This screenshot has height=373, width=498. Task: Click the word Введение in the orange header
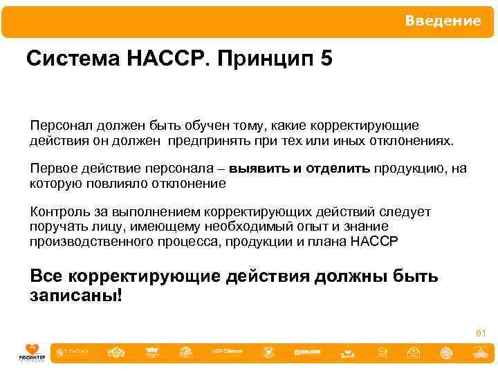(x=443, y=21)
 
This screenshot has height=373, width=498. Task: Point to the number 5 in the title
(x=326, y=59)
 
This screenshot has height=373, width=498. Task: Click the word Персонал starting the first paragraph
(x=57, y=126)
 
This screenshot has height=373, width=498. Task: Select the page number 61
(x=481, y=334)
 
